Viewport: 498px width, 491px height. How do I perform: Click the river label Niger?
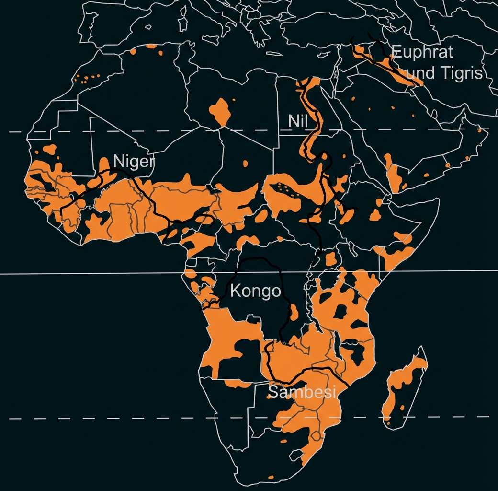pos(134,162)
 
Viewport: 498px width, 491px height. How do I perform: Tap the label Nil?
pos(297,121)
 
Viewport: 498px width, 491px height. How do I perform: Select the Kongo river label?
pos(255,291)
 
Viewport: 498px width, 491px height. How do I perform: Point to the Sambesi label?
pos(302,392)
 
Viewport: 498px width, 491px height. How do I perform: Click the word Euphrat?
pos(421,52)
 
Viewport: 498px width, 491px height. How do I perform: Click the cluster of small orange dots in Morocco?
pos(89,78)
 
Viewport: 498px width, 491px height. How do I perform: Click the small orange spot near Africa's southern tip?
pos(271,477)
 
